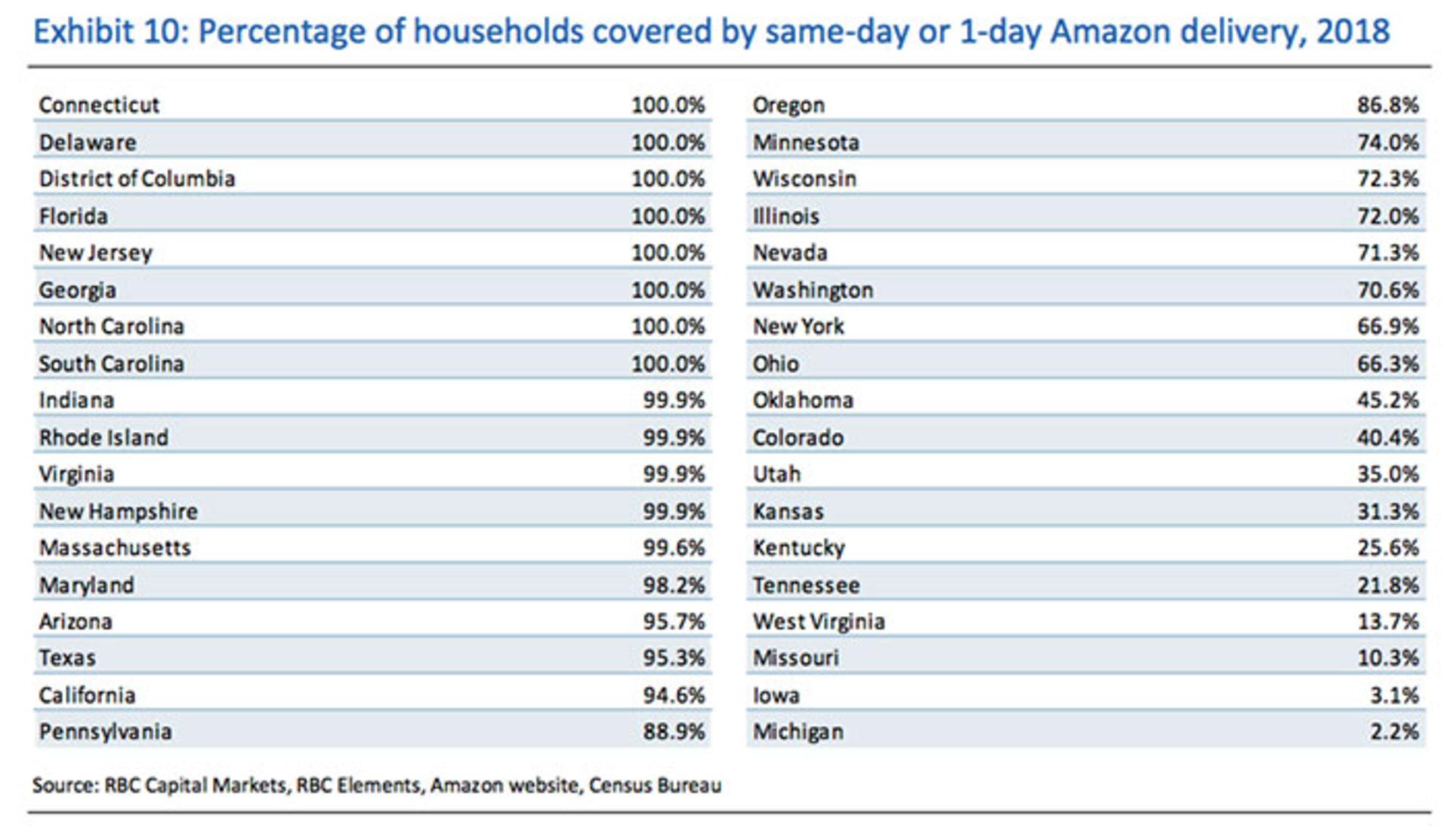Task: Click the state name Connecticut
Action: click(99, 105)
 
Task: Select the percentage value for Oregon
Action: click(1387, 105)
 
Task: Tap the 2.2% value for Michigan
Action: click(1394, 732)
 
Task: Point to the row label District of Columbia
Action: click(137, 179)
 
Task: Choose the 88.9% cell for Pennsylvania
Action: click(674, 732)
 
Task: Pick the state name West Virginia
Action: click(819, 622)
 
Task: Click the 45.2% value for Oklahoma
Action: click(1387, 400)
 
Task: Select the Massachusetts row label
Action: click(115, 548)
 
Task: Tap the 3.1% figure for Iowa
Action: click(1394, 695)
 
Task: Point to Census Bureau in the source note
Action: click(655, 786)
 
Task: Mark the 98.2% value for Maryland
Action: click(674, 585)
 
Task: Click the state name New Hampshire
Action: click(119, 512)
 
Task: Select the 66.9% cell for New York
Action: click(1387, 327)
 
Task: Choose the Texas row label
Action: click(67, 658)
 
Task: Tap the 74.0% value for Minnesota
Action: click(1387, 143)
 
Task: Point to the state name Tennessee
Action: click(806, 585)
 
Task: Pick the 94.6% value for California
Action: click(674, 695)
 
